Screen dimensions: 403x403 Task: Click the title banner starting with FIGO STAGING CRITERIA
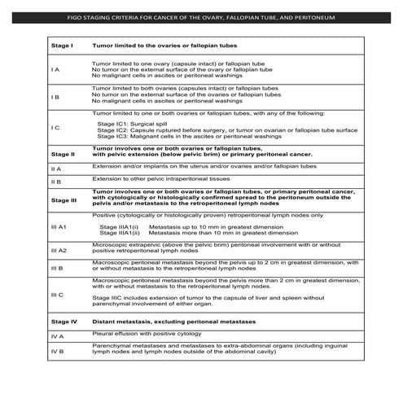pyautogui.click(x=202, y=17)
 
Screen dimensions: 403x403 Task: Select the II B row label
pyautogui.click(x=55, y=182)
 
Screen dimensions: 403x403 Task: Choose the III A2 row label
pyautogui.click(x=58, y=251)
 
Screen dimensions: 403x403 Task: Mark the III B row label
pyautogui.click(x=56, y=266)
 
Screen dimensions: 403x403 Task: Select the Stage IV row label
pyautogui.click(x=64, y=323)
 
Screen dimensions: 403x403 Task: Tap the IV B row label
pyautogui.click(x=55, y=351)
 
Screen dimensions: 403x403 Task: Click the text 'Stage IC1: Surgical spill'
pyautogui.click(x=134, y=122)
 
